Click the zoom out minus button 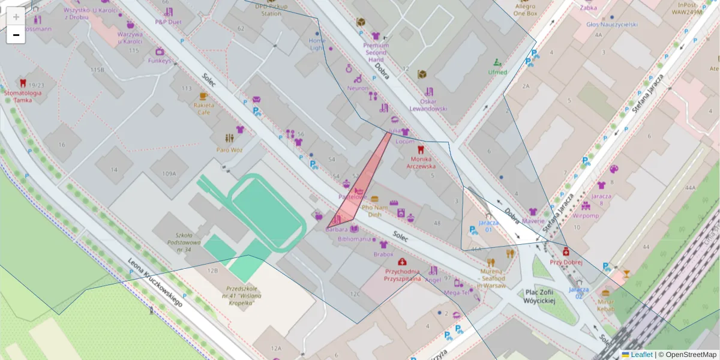click(x=16, y=35)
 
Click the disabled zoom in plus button click(x=16, y=17)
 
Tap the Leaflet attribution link click(x=641, y=355)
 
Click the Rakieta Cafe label click(x=204, y=108)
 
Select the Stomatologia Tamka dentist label click(x=23, y=97)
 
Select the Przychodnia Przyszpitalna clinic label click(x=403, y=274)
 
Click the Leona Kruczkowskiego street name click(x=154, y=283)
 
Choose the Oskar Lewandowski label click(x=428, y=105)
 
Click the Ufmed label click(x=497, y=72)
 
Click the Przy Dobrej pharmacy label click(x=566, y=262)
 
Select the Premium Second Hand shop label click(x=376, y=52)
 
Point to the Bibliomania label click(x=355, y=239)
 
